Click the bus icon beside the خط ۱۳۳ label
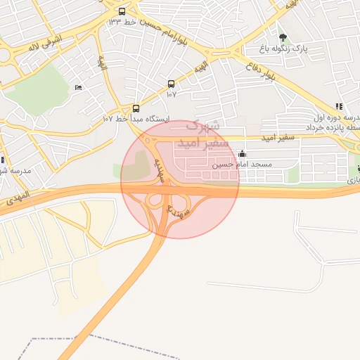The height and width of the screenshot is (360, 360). [x=122, y=11]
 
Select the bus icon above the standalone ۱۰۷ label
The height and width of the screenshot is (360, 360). [x=171, y=83]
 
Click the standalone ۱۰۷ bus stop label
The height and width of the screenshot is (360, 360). [x=171, y=94]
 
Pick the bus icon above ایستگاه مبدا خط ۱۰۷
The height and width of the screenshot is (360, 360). [x=136, y=108]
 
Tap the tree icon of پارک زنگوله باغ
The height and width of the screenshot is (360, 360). [x=283, y=37]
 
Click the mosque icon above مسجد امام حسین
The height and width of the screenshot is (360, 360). [x=243, y=153]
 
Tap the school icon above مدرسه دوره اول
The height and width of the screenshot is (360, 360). [x=338, y=106]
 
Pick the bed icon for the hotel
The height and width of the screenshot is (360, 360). [x=77, y=87]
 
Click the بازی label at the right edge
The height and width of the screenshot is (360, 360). [x=352, y=181]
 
